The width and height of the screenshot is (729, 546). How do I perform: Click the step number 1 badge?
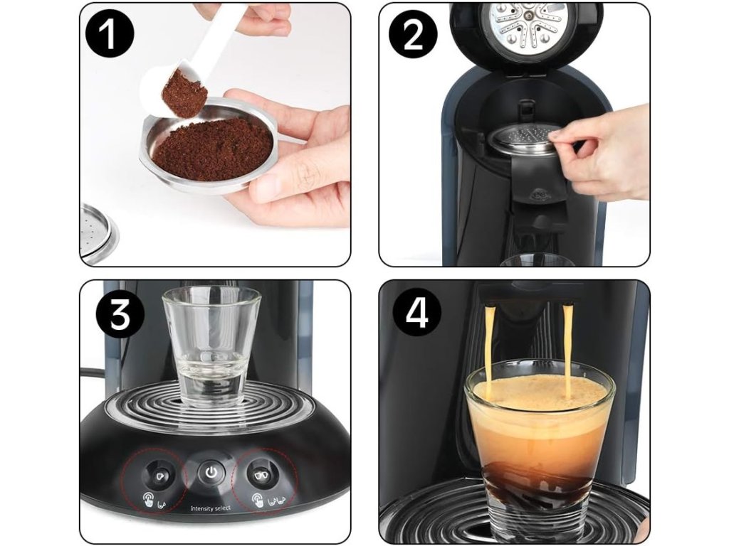coord(110,36)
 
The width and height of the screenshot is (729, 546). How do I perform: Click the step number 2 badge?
coord(414,36)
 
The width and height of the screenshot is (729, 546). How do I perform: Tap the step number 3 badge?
coord(120,315)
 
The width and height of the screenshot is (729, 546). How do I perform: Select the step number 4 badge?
coord(417,314)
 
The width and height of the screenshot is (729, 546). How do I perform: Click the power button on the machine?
coord(211,473)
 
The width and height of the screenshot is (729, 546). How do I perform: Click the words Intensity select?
coord(211,508)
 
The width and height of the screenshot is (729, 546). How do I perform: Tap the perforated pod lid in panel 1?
coord(98,234)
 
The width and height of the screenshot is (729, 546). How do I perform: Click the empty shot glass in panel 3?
coord(211,346)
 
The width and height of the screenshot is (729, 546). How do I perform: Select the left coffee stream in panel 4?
coord(490,352)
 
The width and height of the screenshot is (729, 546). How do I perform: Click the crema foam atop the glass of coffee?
coord(540,392)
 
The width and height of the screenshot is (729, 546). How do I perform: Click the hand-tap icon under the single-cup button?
coord(148,500)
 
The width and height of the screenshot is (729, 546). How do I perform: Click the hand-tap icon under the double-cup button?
coord(258,500)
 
